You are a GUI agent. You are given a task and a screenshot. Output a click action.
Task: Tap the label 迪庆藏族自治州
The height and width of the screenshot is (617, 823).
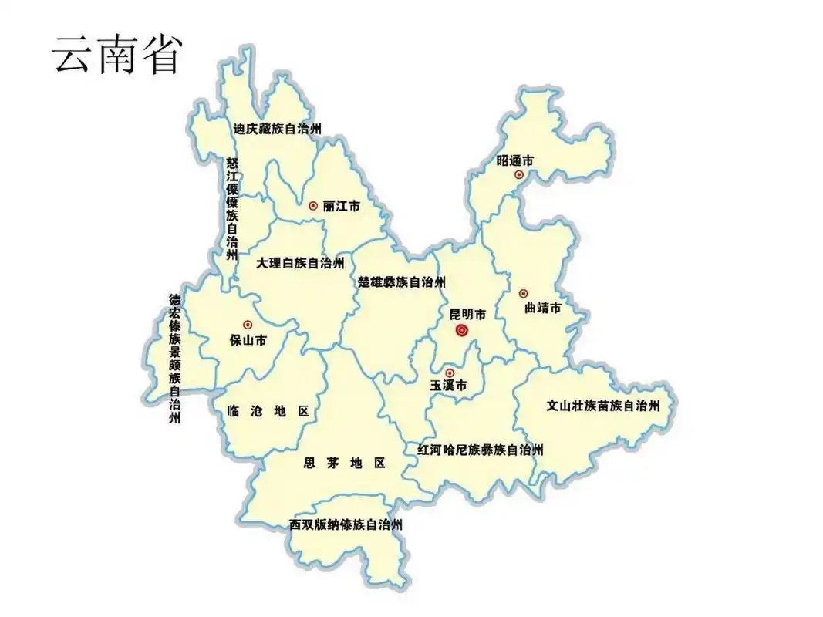[277, 129]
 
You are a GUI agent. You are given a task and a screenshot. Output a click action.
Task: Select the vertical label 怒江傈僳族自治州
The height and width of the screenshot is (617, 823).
[232, 208]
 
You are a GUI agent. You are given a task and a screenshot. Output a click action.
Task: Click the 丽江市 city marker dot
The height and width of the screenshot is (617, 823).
[312, 205]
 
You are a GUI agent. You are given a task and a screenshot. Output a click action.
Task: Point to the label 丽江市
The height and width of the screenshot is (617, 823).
[342, 206]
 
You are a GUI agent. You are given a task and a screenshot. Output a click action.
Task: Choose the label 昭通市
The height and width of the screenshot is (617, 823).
[515, 161]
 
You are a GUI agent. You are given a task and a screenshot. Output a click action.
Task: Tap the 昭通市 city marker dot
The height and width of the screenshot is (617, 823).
[519, 175]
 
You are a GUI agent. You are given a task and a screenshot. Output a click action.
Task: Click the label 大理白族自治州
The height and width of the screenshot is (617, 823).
[300, 264]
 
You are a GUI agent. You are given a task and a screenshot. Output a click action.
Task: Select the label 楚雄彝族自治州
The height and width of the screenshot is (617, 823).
[401, 282]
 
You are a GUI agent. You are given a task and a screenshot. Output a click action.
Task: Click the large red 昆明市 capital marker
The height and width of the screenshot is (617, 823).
[462, 331]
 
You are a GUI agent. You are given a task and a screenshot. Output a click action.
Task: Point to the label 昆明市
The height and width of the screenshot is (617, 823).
[468, 314]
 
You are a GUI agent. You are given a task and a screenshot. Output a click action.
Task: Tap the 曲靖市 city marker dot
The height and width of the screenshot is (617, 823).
[523, 293]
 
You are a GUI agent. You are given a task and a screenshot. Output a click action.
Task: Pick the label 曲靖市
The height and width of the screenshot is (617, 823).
[542, 308]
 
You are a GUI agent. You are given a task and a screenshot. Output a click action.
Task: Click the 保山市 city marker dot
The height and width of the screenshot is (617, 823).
[247, 325]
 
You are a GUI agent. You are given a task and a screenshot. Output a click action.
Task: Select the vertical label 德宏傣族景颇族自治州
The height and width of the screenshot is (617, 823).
[175, 358]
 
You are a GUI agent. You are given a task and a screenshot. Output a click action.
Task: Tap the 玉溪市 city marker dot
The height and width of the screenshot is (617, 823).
[450, 373]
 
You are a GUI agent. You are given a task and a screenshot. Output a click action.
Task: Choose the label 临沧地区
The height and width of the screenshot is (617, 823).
[268, 412]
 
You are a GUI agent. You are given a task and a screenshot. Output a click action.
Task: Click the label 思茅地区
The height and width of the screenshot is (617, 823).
[344, 464]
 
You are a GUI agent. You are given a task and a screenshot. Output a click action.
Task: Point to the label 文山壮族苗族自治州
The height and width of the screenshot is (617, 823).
[602, 405]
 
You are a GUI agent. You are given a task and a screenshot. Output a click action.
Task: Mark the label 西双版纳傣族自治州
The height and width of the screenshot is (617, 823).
[346, 524]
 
